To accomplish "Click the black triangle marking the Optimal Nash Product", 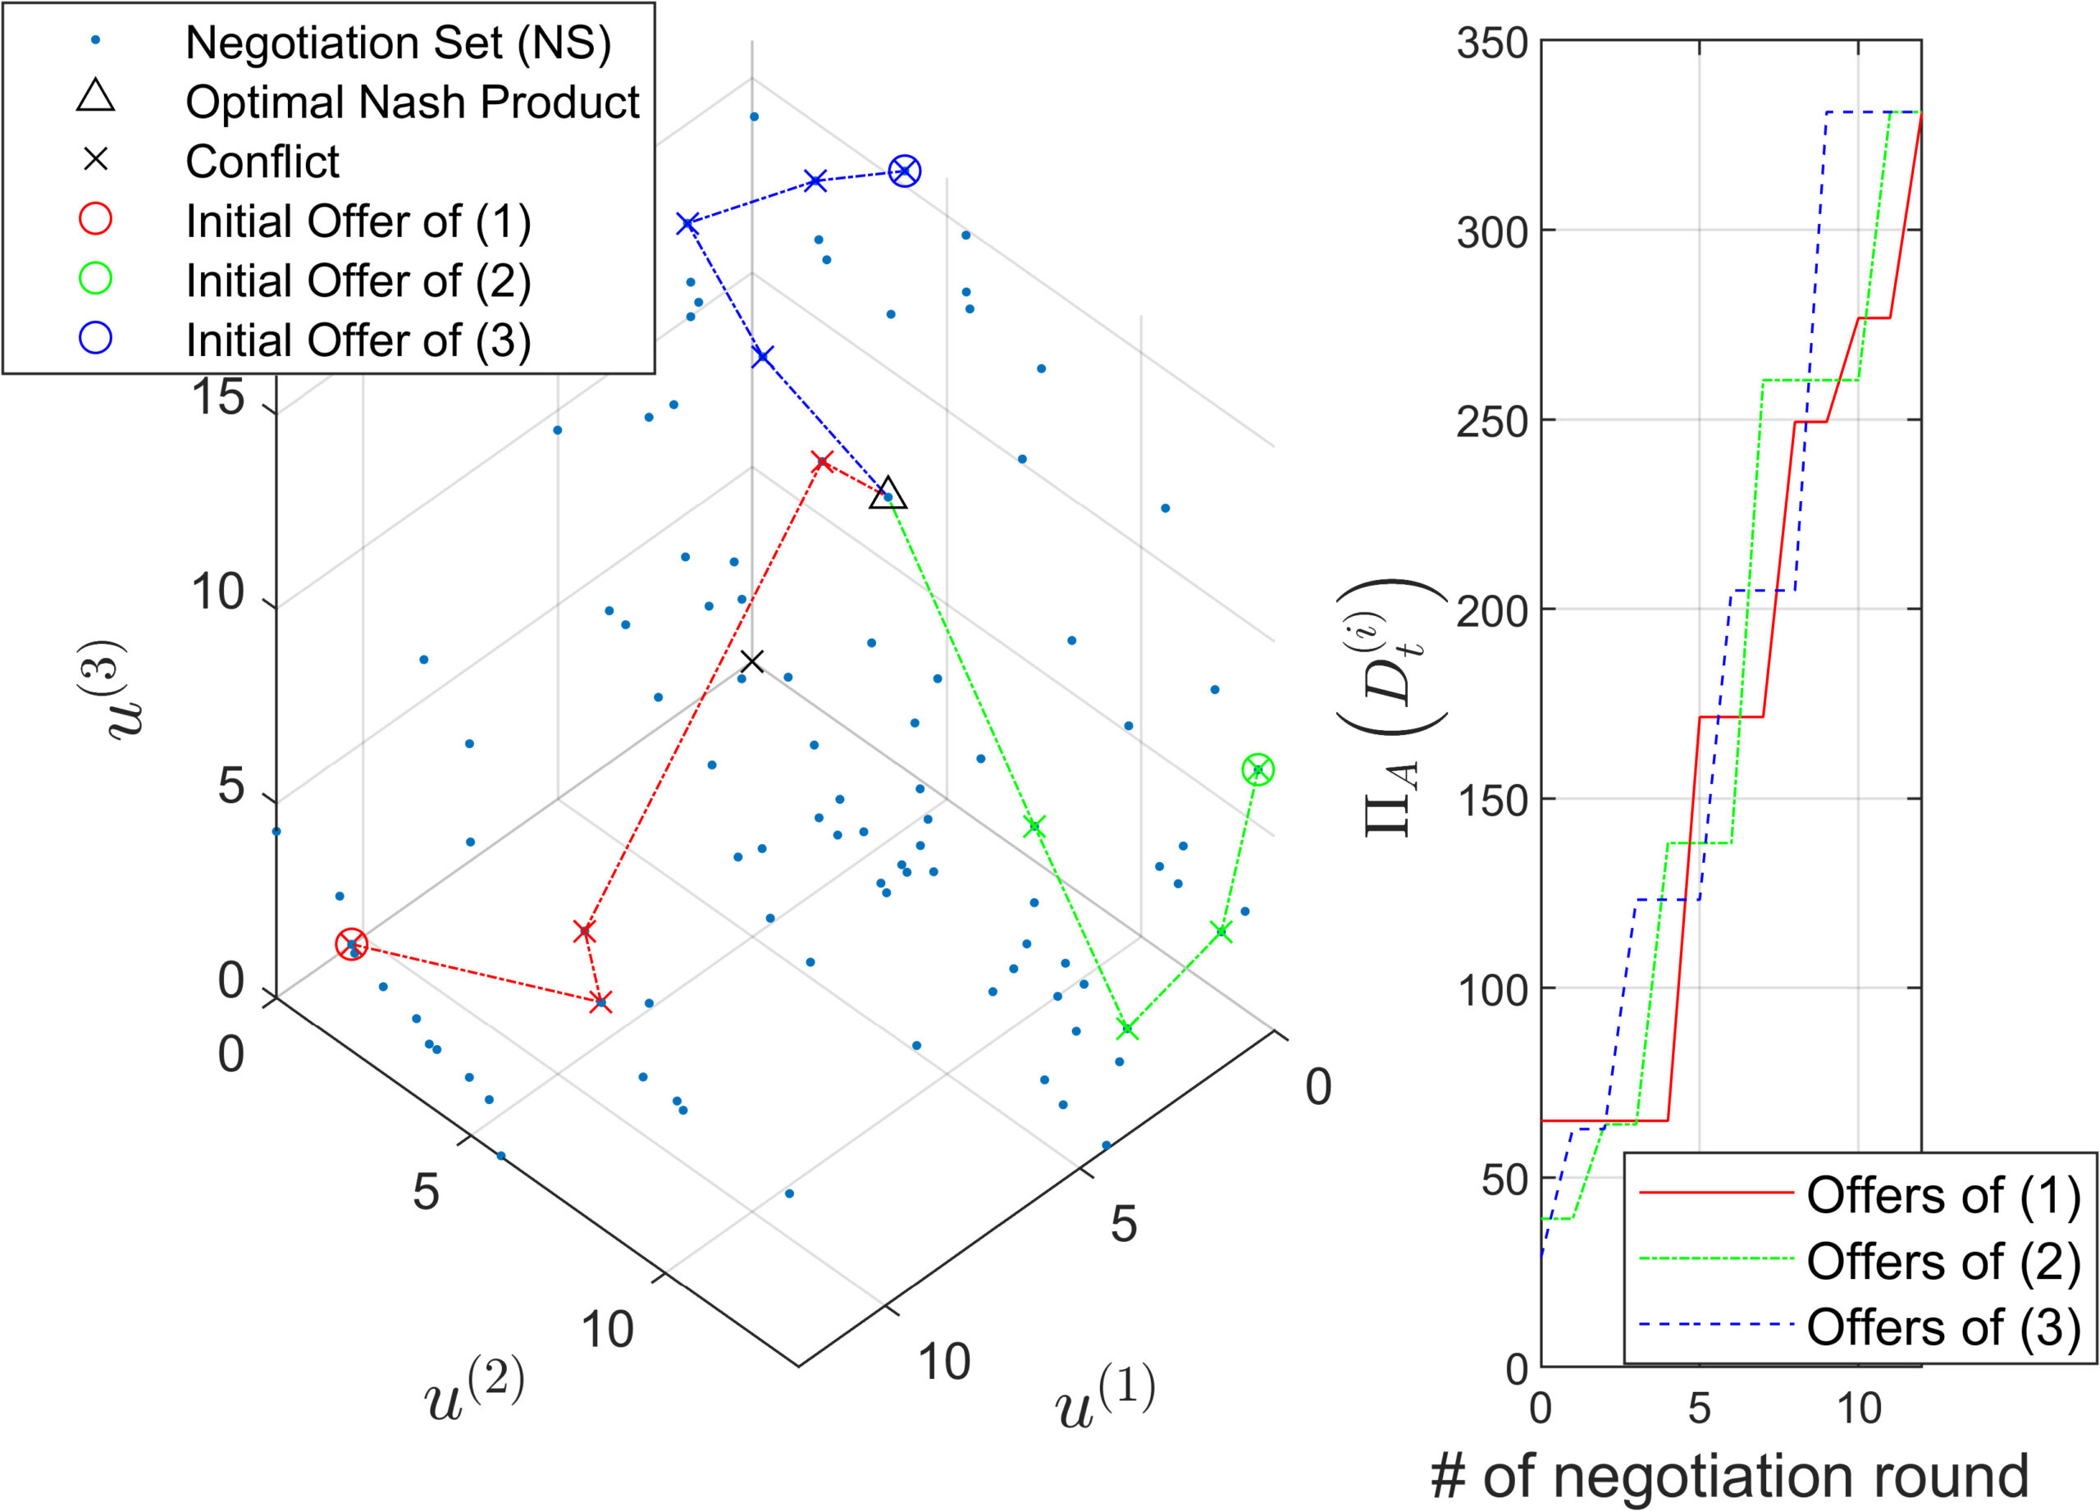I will tap(888, 495).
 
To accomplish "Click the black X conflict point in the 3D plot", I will tap(752, 661).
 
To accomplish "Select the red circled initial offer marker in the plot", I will tap(351, 944).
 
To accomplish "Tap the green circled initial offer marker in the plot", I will tap(1258, 769).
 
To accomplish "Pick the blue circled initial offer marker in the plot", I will tap(905, 171).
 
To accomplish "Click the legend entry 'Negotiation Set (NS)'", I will tap(398, 43).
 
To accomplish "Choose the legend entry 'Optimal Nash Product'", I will tap(412, 102).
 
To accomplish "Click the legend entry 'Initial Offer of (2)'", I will tap(358, 281).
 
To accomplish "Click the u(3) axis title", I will tap(116, 690).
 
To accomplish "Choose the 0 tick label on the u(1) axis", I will tap(1317, 1086).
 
